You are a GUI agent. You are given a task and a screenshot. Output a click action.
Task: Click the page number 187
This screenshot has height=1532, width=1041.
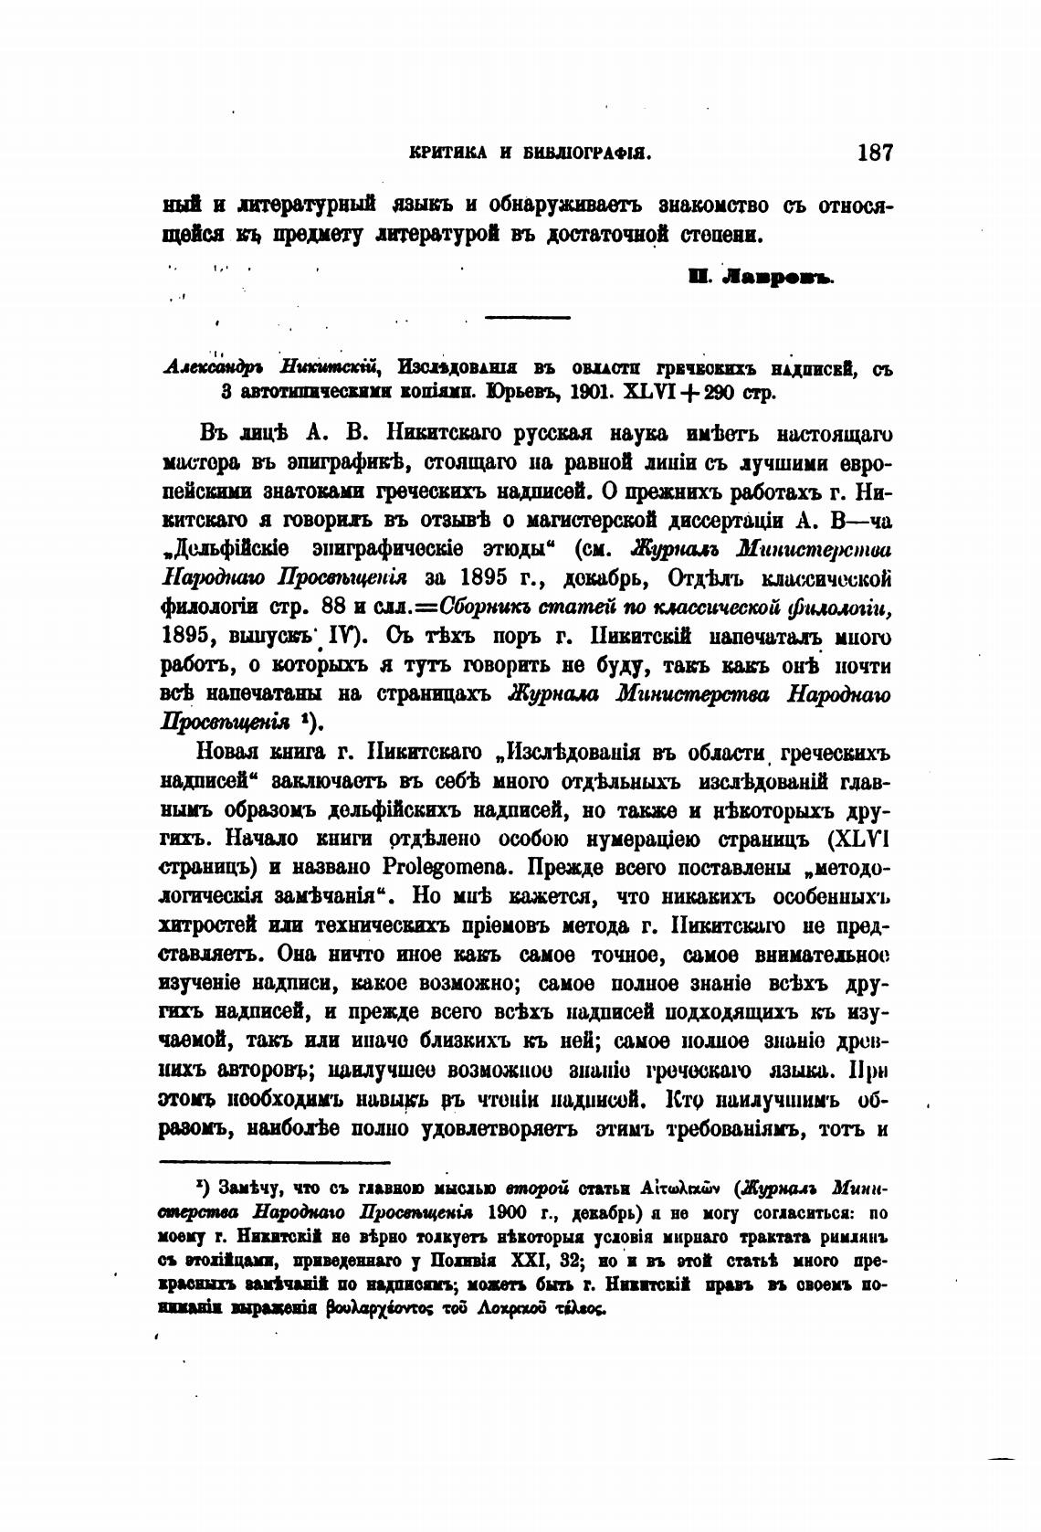875,153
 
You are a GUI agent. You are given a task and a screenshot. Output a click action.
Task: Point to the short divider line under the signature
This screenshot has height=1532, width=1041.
527,317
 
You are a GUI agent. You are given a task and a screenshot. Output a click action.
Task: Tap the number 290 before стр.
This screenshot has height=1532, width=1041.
710,395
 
